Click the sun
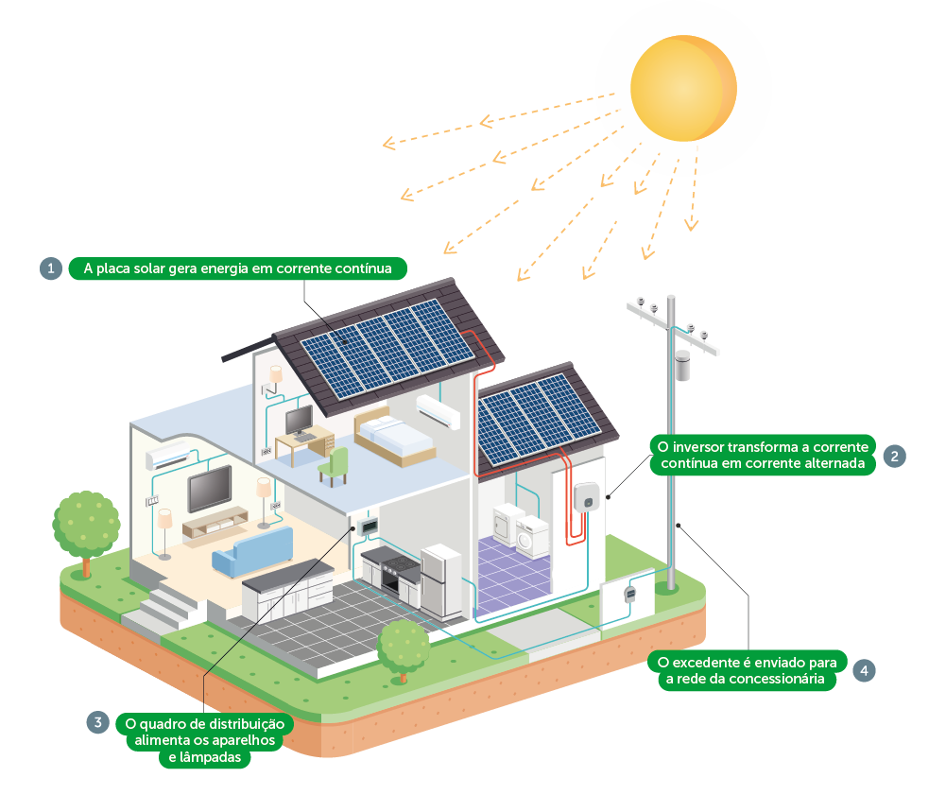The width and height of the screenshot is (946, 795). pos(682,88)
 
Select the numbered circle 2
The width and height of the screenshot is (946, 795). pos(895,456)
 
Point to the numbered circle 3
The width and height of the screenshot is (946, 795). pos(98,723)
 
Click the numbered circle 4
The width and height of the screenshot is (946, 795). pos(864,670)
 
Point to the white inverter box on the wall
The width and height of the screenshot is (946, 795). pos(586,497)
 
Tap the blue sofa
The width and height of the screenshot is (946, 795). pos(253,551)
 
